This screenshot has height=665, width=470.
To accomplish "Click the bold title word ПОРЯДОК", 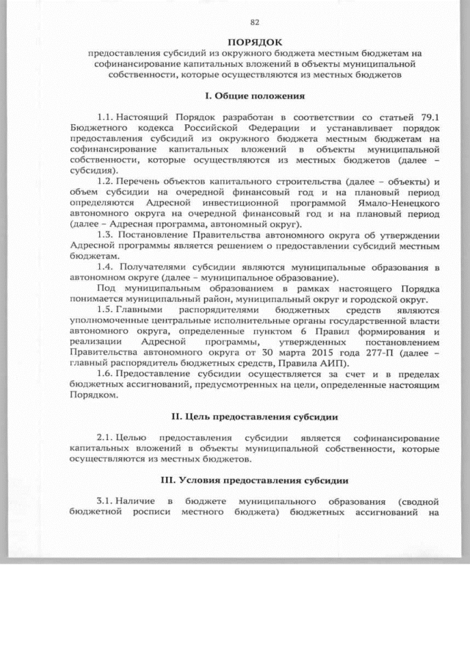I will tap(255, 43).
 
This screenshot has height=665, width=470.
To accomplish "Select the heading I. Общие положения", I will tap(255, 96).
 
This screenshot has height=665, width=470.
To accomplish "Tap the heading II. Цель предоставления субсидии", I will tap(255, 417).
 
